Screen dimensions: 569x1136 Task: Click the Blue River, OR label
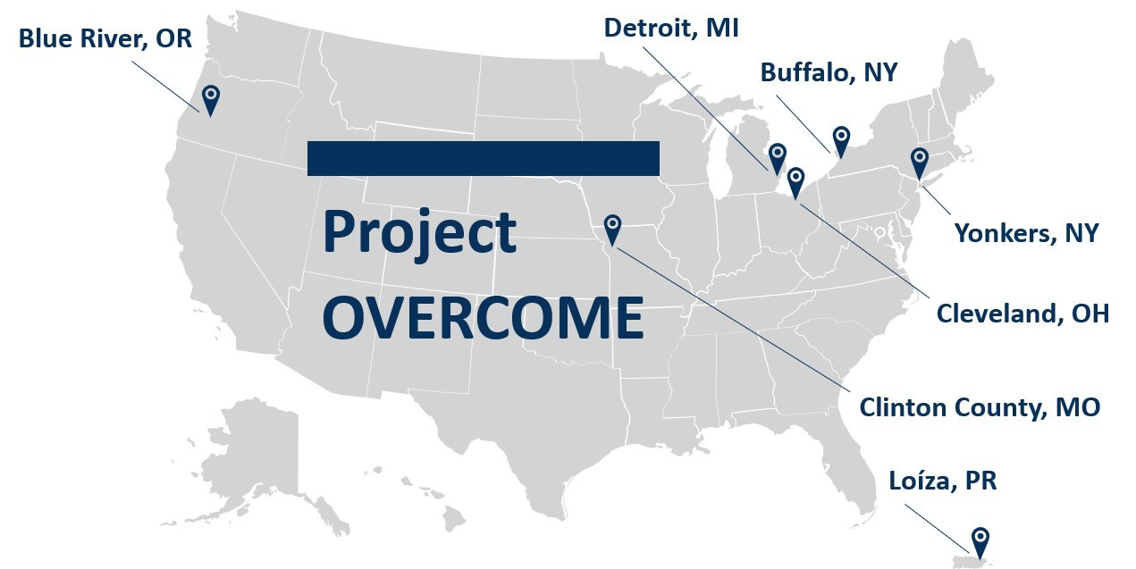click(x=105, y=38)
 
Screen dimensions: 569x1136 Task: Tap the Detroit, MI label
click(x=671, y=28)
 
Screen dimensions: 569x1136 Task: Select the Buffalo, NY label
click(x=829, y=72)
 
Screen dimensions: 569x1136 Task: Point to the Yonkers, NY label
click(x=1026, y=233)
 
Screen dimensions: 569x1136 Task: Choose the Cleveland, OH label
click(x=1022, y=314)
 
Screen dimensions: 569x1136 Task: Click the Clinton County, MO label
click(x=980, y=407)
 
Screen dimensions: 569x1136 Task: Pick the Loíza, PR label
click(x=942, y=481)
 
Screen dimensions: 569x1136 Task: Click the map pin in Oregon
click(x=210, y=98)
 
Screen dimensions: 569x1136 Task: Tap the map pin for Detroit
click(x=777, y=156)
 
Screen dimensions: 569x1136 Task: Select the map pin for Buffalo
click(x=841, y=138)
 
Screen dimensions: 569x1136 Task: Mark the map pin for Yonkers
click(x=919, y=161)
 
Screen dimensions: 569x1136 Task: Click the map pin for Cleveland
click(x=795, y=180)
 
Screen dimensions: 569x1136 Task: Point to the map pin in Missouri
click(x=612, y=227)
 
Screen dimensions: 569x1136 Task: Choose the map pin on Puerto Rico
click(x=980, y=540)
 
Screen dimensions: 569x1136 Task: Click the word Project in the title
click(x=419, y=232)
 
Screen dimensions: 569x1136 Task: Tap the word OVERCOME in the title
click(x=483, y=317)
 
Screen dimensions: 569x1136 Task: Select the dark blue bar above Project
click(x=483, y=158)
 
